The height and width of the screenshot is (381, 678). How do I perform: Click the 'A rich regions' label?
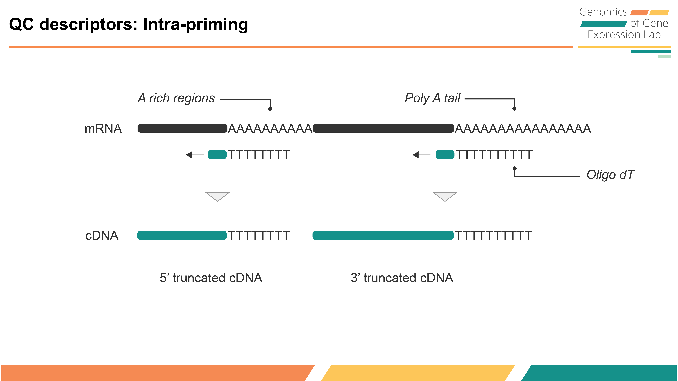[x=176, y=98]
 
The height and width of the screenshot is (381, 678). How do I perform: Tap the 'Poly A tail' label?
[x=432, y=98]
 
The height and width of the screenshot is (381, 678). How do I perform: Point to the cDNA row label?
[x=102, y=236]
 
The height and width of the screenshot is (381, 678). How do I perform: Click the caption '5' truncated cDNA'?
[x=211, y=278]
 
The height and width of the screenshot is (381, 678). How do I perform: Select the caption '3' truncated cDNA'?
[x=402, y=278]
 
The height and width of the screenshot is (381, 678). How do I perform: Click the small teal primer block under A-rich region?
[x=217, y=155]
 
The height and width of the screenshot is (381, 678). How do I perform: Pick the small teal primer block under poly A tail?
[x=445, y=155]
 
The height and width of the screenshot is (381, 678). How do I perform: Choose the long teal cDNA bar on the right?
[x=383, y=235]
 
